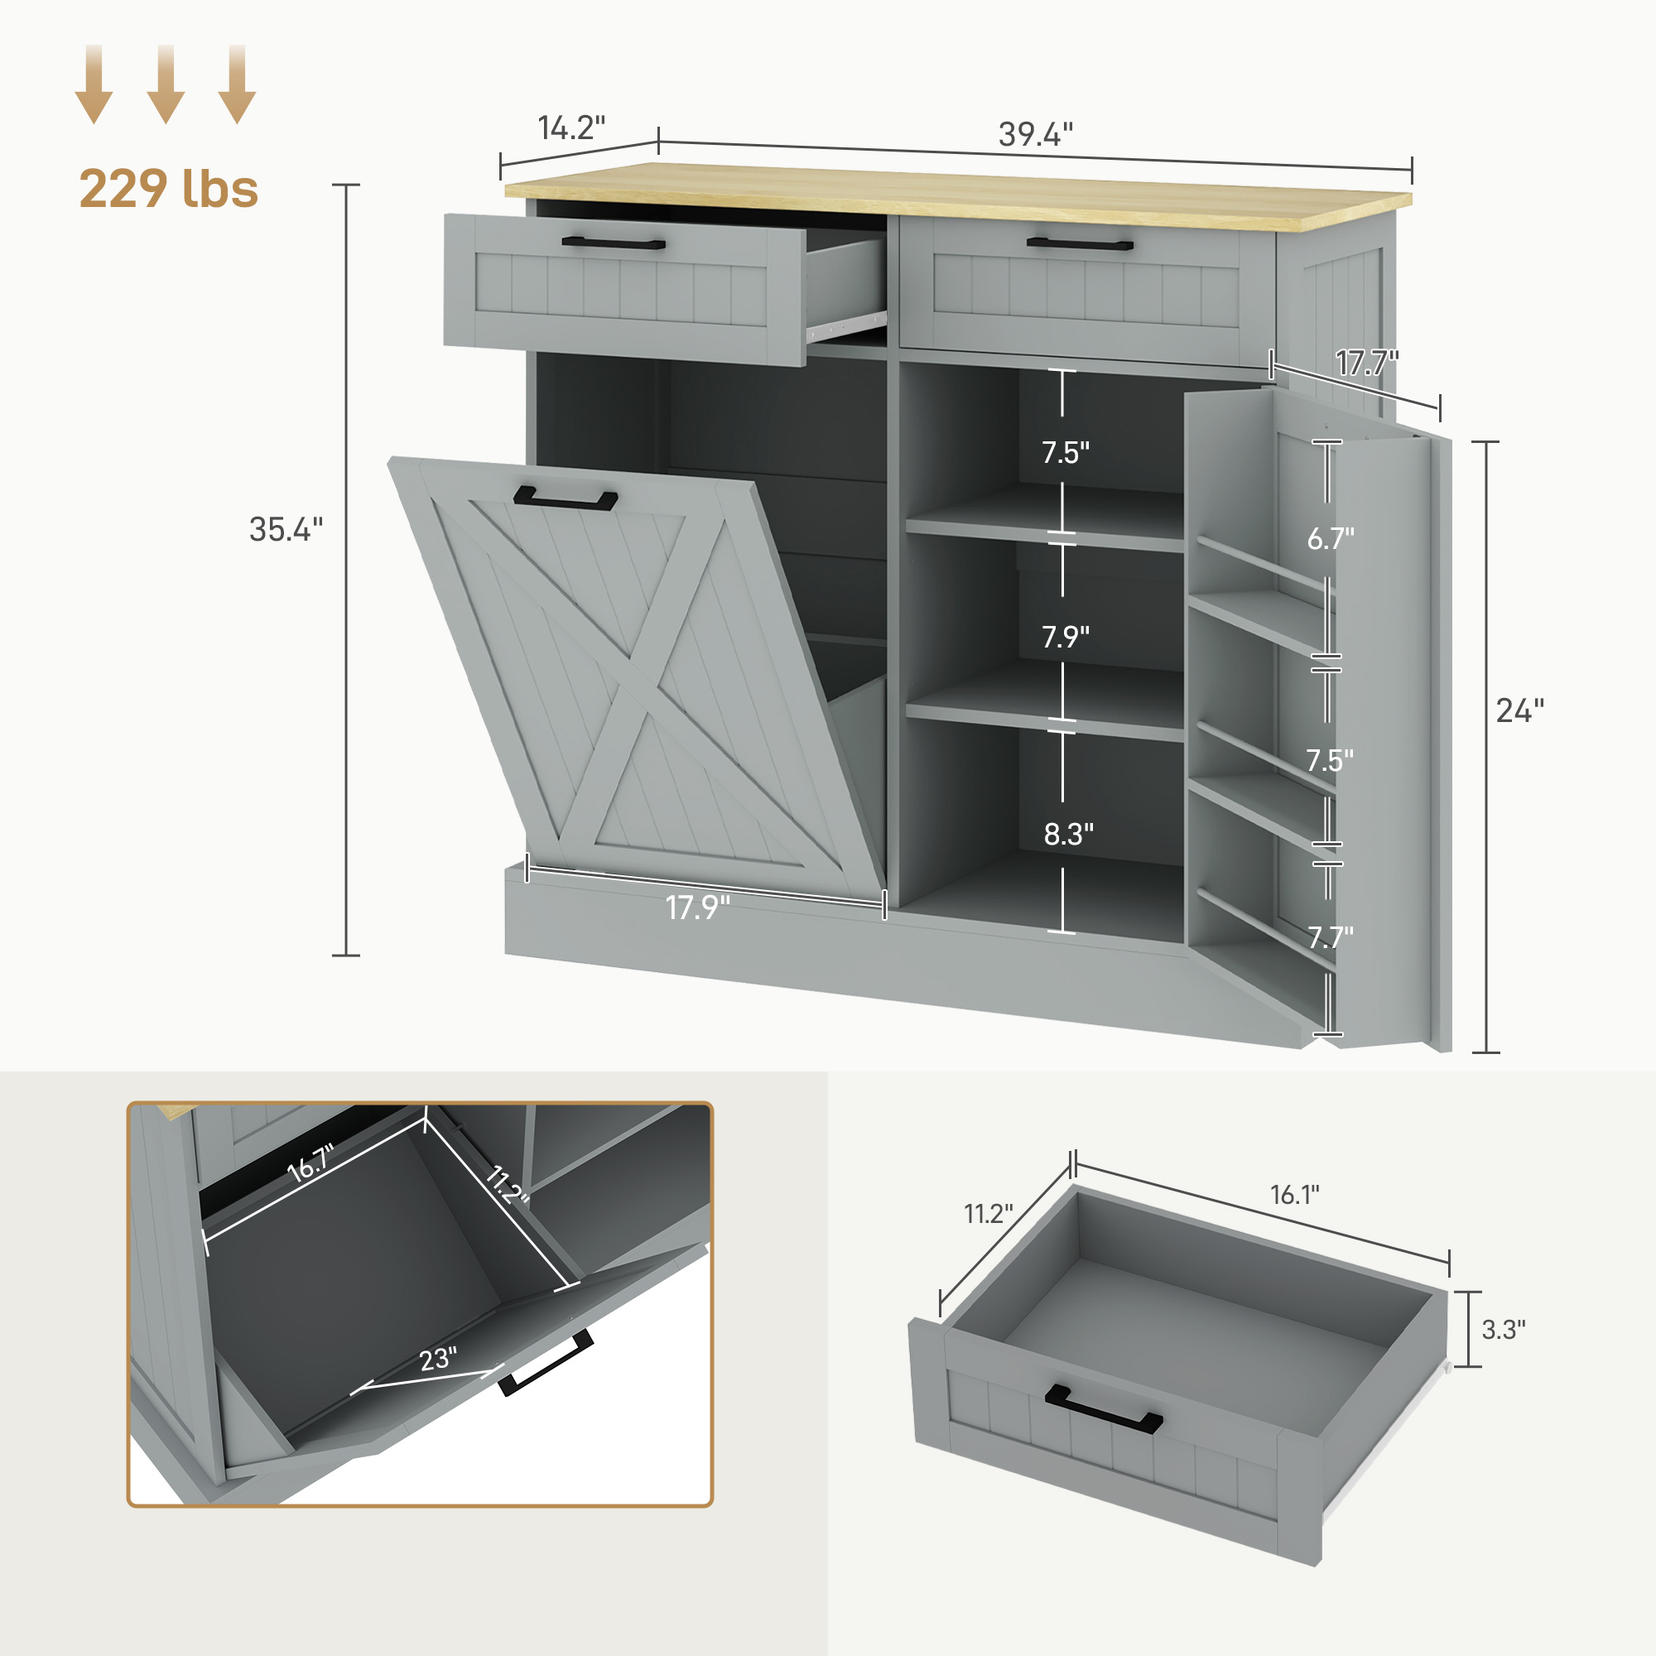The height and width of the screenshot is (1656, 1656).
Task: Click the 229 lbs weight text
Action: [168, 189]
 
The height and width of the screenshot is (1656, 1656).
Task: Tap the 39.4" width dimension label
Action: [1036, 135]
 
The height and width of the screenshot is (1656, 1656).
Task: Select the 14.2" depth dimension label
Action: [570, 128]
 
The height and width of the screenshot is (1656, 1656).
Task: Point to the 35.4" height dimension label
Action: [286, 530]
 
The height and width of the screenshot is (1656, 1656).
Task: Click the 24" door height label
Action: [1519, 710]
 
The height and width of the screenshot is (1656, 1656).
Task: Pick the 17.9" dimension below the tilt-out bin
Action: [698, 907]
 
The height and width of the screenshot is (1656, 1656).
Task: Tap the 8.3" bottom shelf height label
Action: [1068, 834]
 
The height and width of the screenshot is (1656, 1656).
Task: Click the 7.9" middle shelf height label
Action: [1066, 637]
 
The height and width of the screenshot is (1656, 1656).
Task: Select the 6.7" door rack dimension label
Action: [1331, 538]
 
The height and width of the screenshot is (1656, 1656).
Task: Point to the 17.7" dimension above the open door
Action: [1366, 364]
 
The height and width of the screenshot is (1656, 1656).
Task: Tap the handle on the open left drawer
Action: [613, 243]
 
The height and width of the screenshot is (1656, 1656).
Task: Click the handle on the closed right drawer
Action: [1079, 244]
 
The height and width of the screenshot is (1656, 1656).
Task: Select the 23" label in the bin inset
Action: [438, 1360]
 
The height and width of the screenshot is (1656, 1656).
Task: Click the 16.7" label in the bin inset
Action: [310, 1163]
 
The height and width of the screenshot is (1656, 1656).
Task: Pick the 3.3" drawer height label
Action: [1504, 1330]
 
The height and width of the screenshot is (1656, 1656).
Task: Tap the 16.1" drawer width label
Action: [1294, 1194]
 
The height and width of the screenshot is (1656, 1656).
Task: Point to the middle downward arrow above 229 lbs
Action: [166, 84]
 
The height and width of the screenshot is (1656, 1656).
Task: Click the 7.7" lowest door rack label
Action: [1331, 936]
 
